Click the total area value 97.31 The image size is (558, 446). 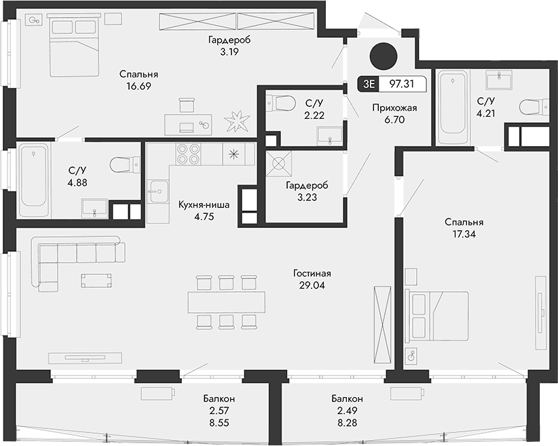(403, 84)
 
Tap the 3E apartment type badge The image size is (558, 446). (369, 84)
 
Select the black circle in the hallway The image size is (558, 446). (383, 56)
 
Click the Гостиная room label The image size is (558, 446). (312, 273)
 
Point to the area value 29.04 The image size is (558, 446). (312, 285)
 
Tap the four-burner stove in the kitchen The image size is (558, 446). (188, 154)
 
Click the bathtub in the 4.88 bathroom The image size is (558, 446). (33, 178)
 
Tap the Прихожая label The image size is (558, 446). (393, 107)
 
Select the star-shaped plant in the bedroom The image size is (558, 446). (238, 122)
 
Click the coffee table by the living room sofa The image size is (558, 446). (97, 281)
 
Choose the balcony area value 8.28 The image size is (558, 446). (347, 421)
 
